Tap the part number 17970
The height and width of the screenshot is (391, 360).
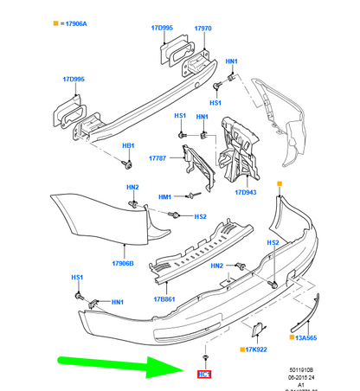click(x=203, y=29)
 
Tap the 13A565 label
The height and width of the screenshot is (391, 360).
click(x=307, y=337)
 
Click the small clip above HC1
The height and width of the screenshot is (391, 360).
click(x=205, y=357)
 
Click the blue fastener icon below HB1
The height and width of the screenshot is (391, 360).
click(x=128, y=162)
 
